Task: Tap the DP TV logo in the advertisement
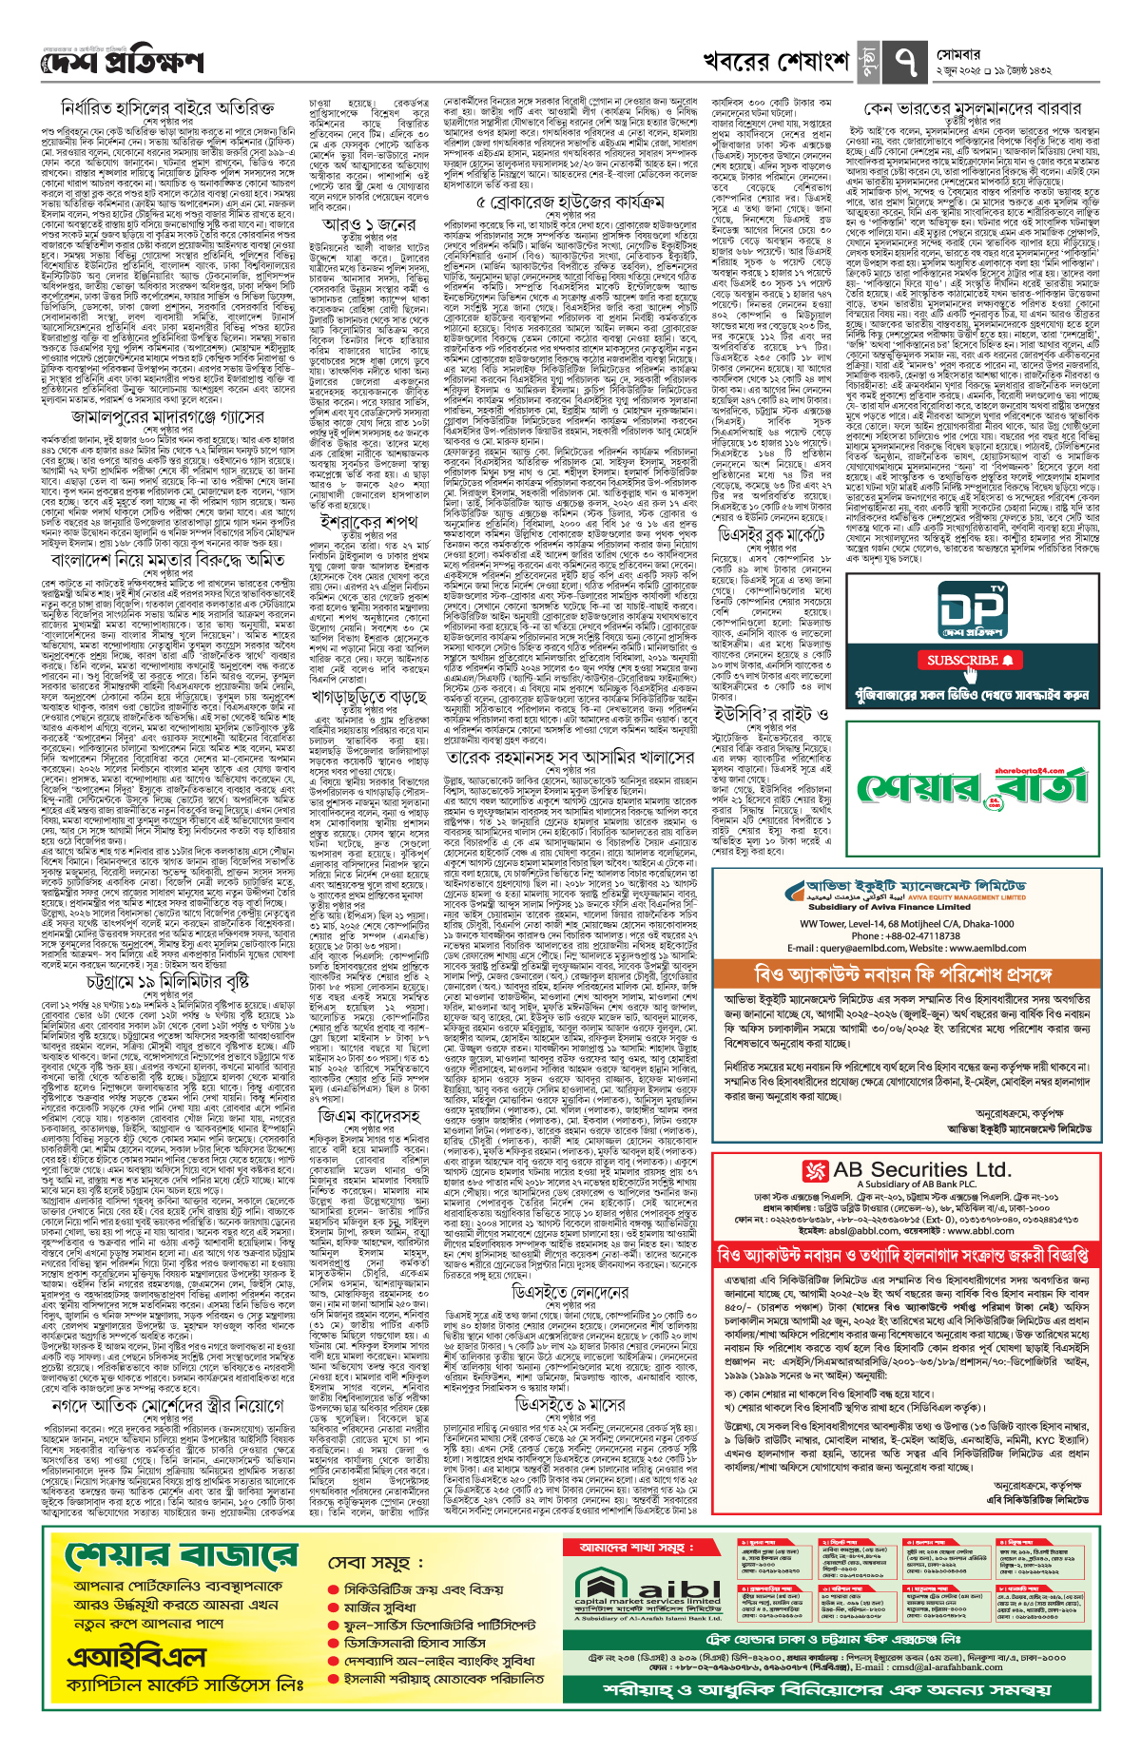971,609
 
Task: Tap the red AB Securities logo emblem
816,1170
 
